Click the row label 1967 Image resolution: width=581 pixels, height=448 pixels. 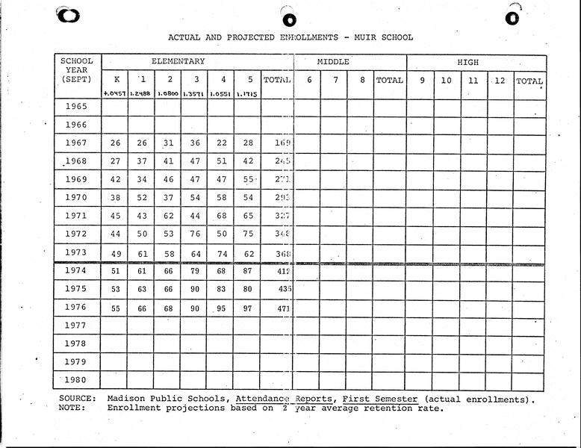click(x=76, y=143)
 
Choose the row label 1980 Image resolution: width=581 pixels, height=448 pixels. click(x=76, y=380)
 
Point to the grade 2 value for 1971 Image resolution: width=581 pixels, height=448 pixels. click(x=169, y=216)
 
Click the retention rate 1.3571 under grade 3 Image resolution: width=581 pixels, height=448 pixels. click(x=194, y=94)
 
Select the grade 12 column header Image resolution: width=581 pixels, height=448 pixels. click(x=499, y=80)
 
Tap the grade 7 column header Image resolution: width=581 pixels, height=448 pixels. click(x=335, y=80)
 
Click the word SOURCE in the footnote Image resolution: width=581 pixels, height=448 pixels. click(x=77, y=399)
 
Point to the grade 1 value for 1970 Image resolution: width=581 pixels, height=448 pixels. click(x=141, y=198)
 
